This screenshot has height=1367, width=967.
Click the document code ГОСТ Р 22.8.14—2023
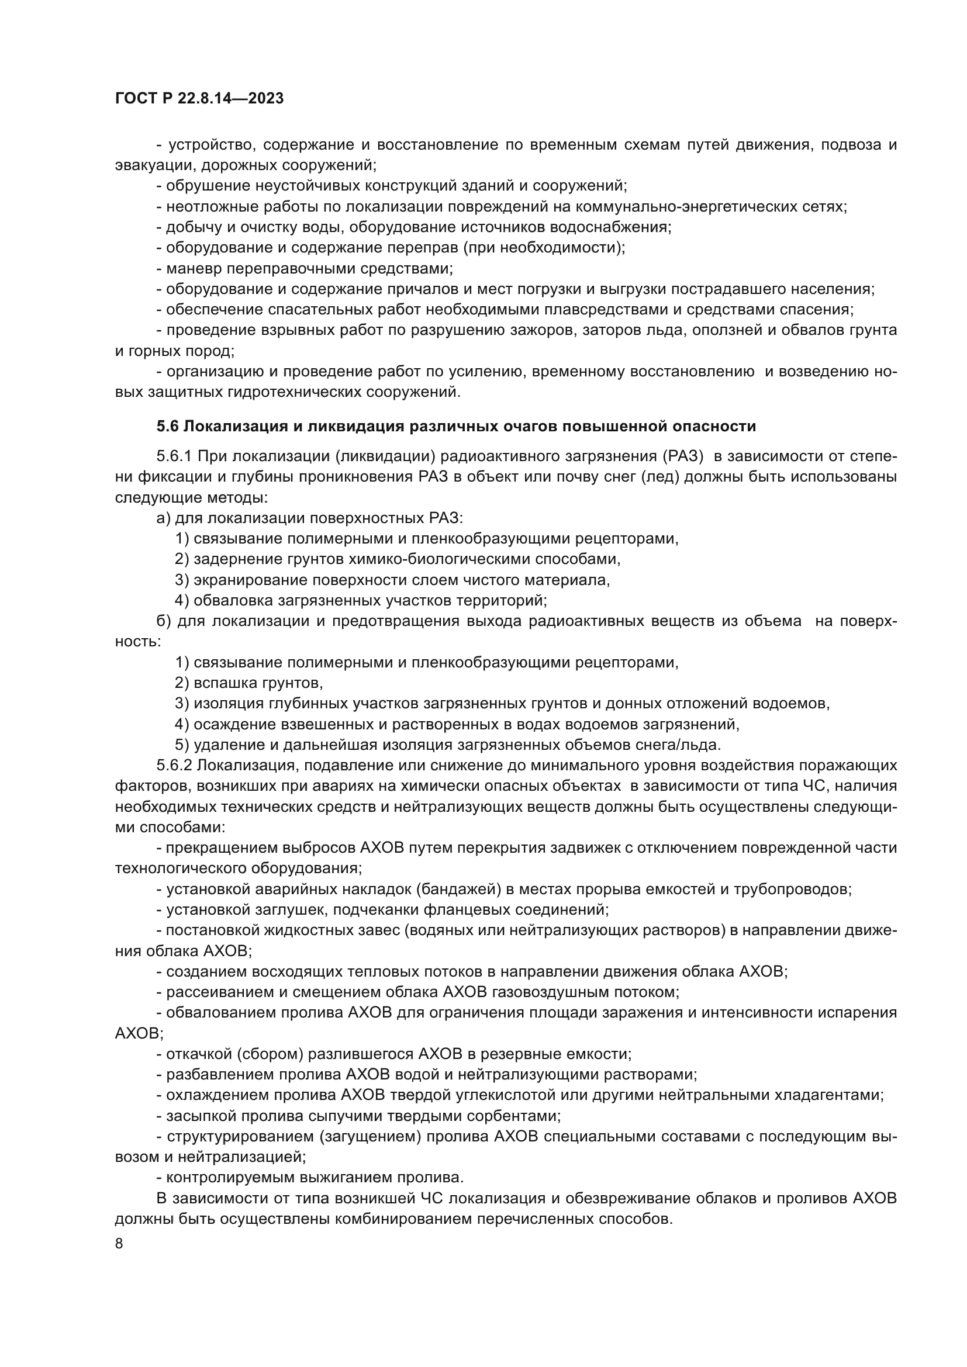199,99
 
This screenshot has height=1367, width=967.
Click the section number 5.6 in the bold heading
168,426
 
